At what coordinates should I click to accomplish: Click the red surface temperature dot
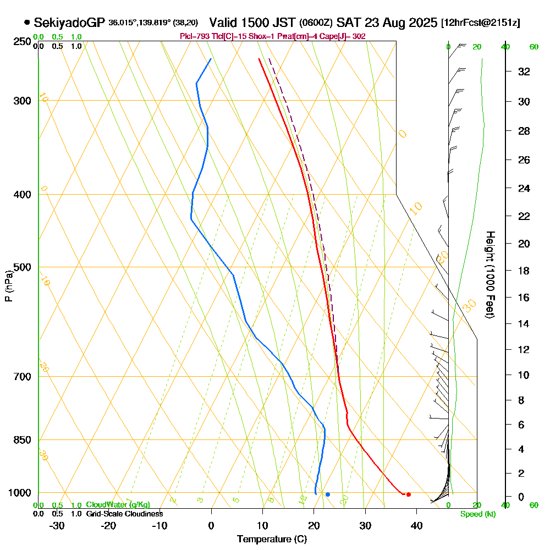[408, 494]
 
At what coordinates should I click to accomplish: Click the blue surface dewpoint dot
[327, 494]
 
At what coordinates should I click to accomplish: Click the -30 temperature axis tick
[57, 525]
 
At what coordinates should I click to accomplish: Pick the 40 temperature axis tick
[416, 525]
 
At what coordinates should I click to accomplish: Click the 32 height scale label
[524, 71]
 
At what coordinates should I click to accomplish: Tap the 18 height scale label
[524, 271]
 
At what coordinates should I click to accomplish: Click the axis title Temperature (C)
[272, 540]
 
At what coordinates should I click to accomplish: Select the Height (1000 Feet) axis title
[490, 274]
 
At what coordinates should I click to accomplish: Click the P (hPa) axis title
[8, 286]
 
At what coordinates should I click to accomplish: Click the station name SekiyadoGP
[69, 23]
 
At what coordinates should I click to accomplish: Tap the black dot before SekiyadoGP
[27, 23]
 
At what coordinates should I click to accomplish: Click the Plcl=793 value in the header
[194, 36]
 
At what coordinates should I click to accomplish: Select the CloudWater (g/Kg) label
[118, 505]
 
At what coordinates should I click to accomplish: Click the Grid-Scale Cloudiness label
[124, 514]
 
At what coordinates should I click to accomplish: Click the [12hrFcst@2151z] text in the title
[480, 23]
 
